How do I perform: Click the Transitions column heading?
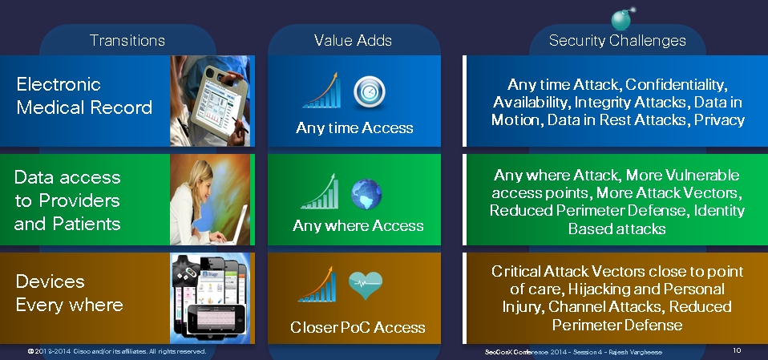tap(127, 40)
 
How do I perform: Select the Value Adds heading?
tap(353, 40)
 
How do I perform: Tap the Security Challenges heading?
tap(617, 40)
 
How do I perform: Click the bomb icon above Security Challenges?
tap(622, 19)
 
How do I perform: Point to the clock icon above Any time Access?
tap(370, 91)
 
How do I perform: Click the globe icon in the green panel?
tap(366, 194)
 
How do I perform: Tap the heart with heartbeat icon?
tap(366, 285)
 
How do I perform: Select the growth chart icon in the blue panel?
tap(322, 90)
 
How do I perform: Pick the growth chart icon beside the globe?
tap(319, 191)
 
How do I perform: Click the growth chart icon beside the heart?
tap(317, 285)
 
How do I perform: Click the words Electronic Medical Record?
tap(84, 95)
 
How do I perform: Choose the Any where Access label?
tap(358, 226)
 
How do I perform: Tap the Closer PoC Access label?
tap(358, 327)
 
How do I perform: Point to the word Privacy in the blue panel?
tap(720, 120)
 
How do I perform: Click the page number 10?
tap(738, 350)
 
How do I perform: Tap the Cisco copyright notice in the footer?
tap(117, 352)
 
